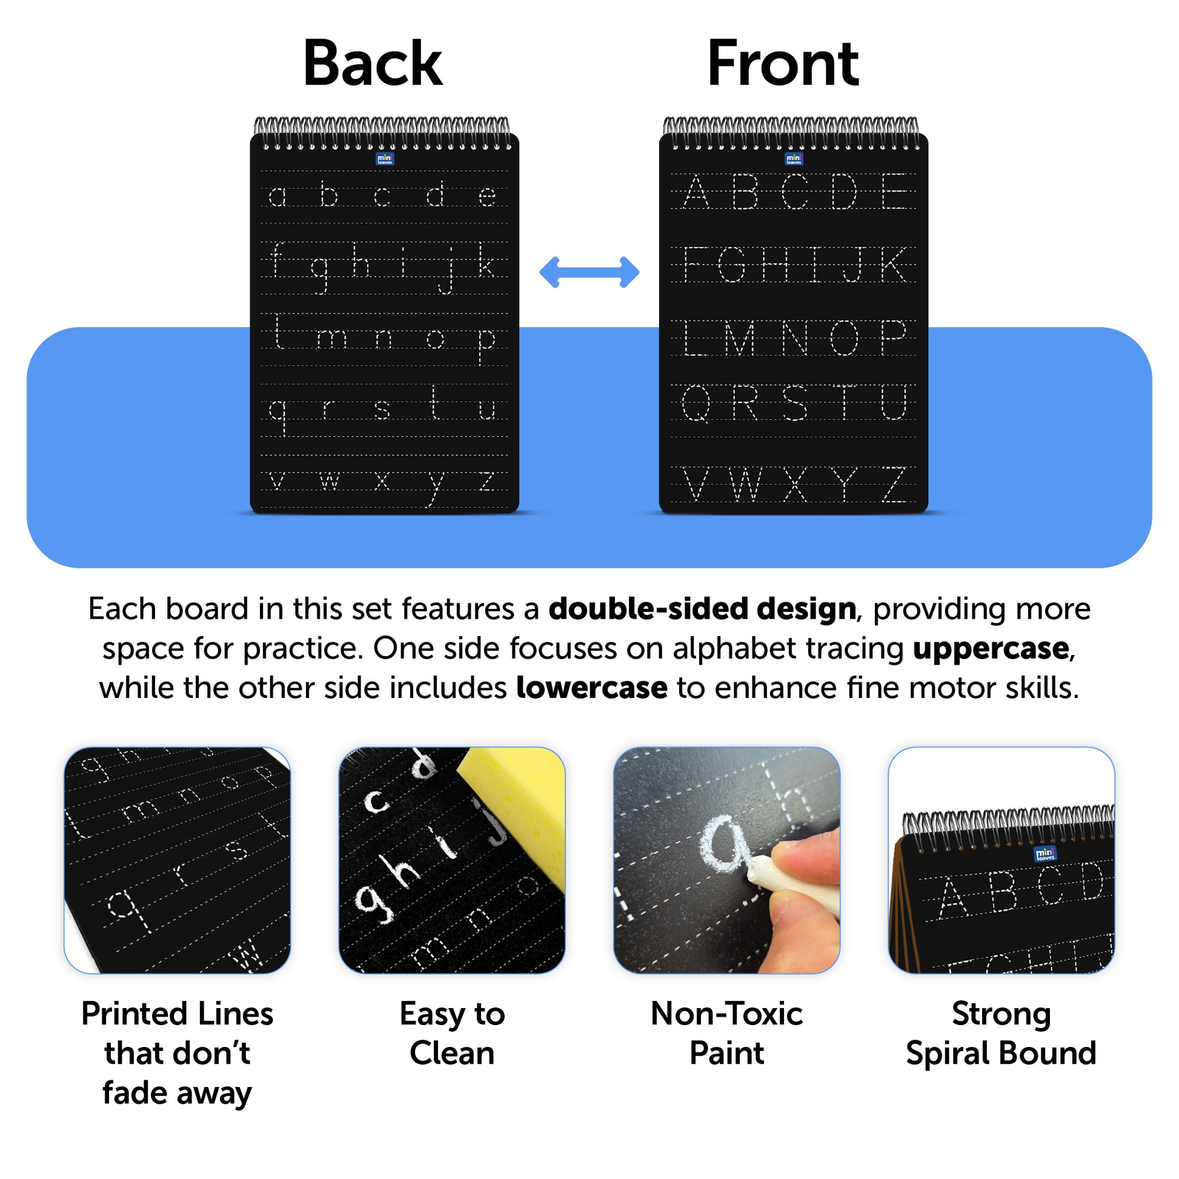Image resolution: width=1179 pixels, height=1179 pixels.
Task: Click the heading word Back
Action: click(x=372, y=64)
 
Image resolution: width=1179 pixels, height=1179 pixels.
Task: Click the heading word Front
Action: click(x=783, y=64)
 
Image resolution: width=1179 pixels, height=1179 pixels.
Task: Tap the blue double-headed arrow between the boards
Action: click(x=589, y=272)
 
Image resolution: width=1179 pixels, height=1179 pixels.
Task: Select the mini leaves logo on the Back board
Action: click(x=385, y=159)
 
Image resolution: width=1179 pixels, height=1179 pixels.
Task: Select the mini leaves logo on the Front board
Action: click(x=794, y=159)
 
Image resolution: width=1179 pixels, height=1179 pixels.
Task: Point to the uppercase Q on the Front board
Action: click(x=696, y=404)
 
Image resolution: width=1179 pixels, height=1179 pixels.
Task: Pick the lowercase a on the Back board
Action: click(x=277, y=196)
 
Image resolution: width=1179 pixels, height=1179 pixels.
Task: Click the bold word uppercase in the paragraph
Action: click(x=991, y=648)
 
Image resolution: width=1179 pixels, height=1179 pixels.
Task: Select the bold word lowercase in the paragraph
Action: click(x=591, y=688)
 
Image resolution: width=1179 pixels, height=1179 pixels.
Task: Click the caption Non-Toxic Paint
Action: click(x=727, y=1033)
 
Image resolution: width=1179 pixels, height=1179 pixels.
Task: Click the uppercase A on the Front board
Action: click(x=696, y=191)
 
